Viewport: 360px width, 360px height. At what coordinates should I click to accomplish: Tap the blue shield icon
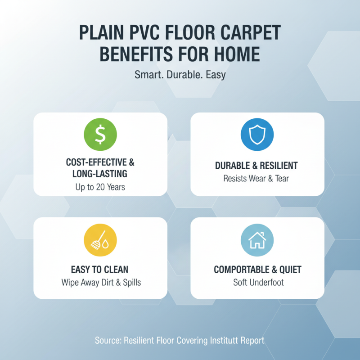pos(257,134)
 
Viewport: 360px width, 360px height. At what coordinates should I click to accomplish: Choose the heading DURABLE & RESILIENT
pos(257,166)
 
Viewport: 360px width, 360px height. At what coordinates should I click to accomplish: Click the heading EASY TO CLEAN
pos(100,270)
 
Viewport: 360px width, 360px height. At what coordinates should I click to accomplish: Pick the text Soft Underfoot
pos(257,283)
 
